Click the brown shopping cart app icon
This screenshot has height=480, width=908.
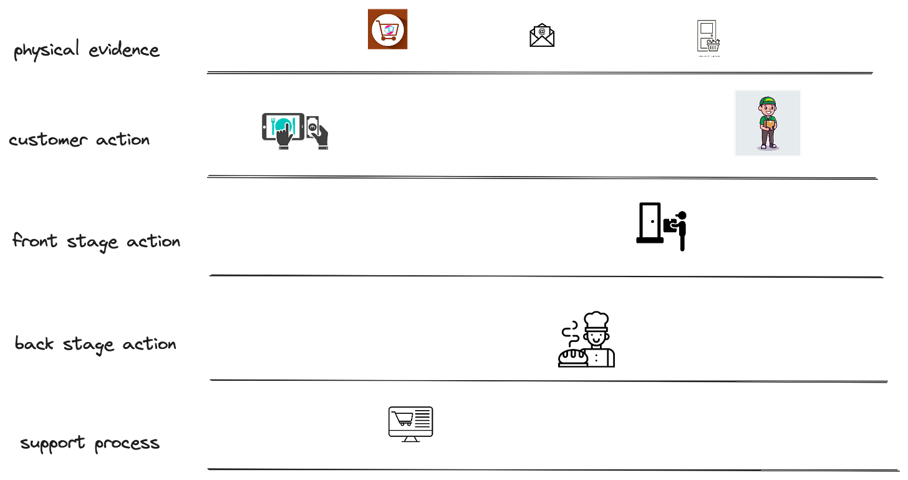pos(387,29)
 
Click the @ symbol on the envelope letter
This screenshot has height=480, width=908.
pos(542,31)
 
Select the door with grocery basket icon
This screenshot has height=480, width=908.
pos(708,35)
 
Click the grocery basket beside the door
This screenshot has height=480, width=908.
pos(713,44)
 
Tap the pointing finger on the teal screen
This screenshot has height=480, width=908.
pos(284,132)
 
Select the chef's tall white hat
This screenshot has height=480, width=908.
pos(597,320)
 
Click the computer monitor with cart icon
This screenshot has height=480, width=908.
pos(410,423)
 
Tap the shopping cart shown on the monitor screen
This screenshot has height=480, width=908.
pos(401,416)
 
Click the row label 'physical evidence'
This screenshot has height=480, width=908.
pos(87,51)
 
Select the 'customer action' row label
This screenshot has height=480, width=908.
pos(79,139)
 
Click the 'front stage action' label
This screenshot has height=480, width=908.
pos(97,241)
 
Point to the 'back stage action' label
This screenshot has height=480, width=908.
pos(95,343)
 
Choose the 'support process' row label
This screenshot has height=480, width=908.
pos(89,444)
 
